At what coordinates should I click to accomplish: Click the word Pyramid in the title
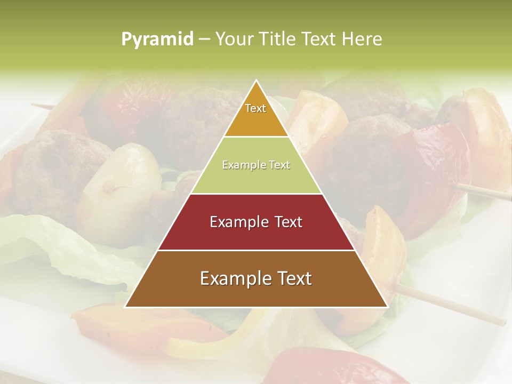point(157,39)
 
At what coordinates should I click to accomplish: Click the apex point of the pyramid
point(256,80)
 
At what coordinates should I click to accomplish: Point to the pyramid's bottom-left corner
point(125,307)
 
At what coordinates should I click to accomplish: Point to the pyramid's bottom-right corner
point(387,307)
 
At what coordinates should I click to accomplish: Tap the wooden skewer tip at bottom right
point(502,323)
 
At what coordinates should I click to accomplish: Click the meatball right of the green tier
point(363,160)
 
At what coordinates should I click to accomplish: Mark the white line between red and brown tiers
point(256,250)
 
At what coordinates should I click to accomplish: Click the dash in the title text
point(204,39)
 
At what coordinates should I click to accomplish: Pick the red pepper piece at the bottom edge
point(331,371)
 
